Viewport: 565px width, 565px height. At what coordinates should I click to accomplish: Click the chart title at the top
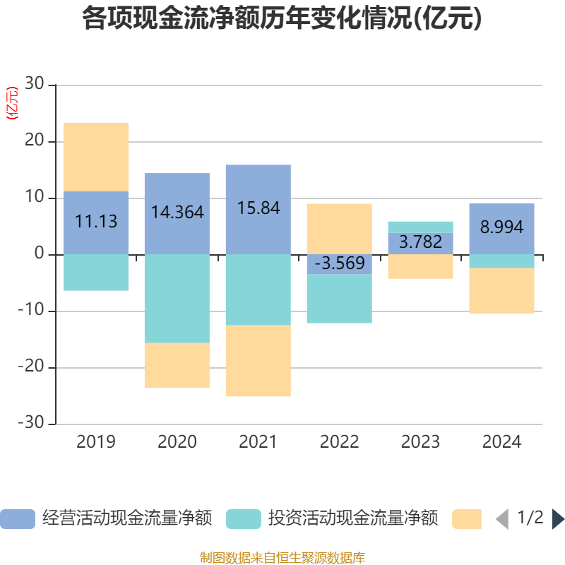tap(282, 19)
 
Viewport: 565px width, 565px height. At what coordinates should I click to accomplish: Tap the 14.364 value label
tap(177, 212)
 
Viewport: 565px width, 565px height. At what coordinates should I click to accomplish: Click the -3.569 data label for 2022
tap(340, 264)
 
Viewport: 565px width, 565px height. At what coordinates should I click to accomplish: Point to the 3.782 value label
tap(420, 242)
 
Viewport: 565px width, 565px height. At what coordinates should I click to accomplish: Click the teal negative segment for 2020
tap(177, 298)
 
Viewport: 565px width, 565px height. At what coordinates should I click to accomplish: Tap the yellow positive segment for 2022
tap(339, 228)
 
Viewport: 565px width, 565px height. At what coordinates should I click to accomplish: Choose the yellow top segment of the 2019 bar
tap(96, 157)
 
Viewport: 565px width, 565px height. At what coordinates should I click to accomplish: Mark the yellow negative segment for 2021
tap(258, 361)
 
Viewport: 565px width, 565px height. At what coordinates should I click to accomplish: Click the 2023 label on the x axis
tap(420, 443)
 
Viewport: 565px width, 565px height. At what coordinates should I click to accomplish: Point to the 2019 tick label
tap(96, 443)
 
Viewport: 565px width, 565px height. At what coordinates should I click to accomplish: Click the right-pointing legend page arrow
tap(557, 519)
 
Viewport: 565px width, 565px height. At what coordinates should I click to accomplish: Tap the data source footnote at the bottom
tap(282, 558)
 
